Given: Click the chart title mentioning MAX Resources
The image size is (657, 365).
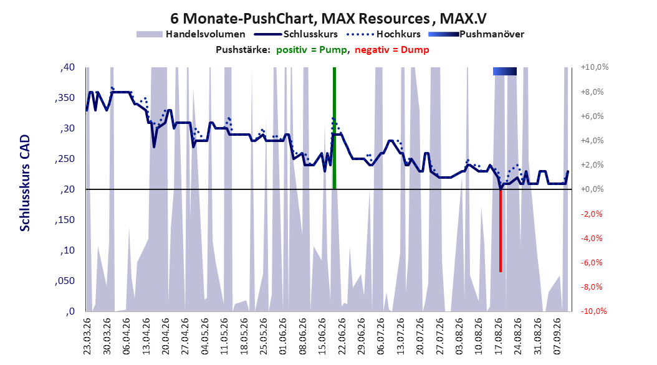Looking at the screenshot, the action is click(328, 19).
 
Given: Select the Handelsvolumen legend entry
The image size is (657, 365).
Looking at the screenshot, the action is click(191, 34).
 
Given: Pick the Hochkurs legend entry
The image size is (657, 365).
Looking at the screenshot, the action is click(384, 34).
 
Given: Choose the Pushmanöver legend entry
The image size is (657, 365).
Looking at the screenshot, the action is click(476, 34).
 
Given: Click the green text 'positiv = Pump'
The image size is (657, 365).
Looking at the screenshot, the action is click(312, 50).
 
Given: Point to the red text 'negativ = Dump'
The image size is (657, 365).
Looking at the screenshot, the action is click(392, 50).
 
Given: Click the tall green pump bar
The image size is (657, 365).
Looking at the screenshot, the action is click(334, 128).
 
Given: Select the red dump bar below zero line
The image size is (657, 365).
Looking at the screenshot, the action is click(501, 230).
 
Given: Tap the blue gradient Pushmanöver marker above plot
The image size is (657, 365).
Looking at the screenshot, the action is click(505, 71).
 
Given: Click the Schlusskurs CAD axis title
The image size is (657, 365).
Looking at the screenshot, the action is click(25, 183).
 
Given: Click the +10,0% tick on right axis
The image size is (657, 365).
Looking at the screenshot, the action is click(595, 67).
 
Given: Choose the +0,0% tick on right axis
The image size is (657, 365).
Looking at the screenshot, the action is click(592, 189).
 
